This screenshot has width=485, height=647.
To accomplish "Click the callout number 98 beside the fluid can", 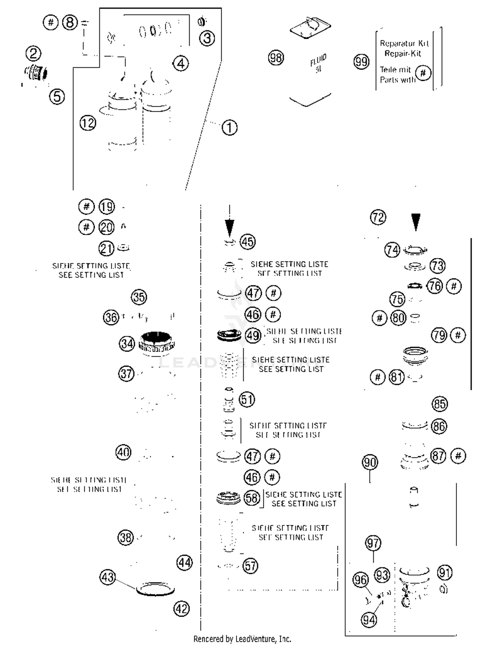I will [x=276, y=58].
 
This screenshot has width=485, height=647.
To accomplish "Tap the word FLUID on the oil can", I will [x=318, y=60].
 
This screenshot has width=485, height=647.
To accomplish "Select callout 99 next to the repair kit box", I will [x=361, y=61].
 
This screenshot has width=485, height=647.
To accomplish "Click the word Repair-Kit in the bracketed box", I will [x=403, y=53].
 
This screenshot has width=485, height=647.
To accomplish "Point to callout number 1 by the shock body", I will [x=230, y=127].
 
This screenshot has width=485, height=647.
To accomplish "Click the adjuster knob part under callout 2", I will [x=36, y=73].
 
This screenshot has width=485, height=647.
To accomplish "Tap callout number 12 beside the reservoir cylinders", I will [x=88, y=123].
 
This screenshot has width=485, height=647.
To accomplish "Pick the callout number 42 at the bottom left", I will [x=181, y=609].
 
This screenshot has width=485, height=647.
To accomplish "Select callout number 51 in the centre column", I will [x=247, y=399].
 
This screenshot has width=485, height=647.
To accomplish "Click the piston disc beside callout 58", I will [x=228, y=498].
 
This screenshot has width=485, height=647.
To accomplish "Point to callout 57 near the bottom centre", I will [x=251, y=566].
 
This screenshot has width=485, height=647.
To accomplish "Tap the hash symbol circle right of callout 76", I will [x=454, y=286].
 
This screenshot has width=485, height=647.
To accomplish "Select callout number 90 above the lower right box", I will [x=370, y=462].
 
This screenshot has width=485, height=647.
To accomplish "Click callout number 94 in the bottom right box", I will [x=369, y=620].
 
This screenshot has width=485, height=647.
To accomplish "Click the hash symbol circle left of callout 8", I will [x=50, y=23].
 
